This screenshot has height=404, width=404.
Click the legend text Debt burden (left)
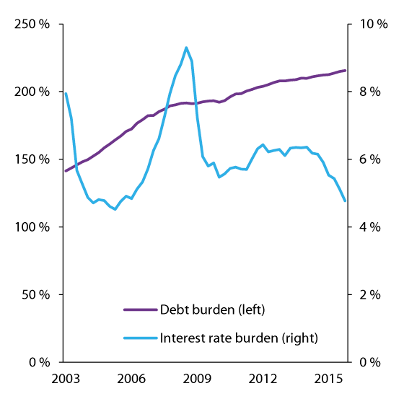coord(212,310)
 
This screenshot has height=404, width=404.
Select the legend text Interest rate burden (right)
coord(238,337)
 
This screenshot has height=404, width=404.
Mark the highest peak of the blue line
coord(186,48)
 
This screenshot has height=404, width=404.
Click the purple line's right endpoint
coord(346,70)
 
